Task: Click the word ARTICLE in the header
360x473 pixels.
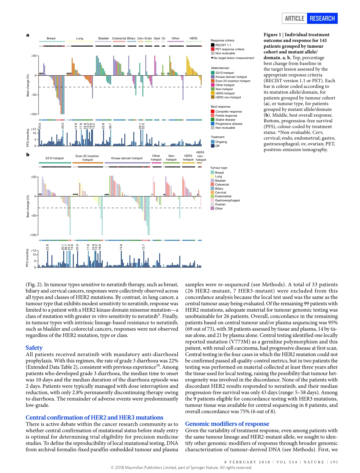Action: click(294, 18)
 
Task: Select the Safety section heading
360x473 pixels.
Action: click(34, 348)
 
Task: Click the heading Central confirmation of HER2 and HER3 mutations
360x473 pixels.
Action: click(94, 417)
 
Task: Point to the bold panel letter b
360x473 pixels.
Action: click(28, 155)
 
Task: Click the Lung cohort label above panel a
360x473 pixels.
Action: click(80, 38)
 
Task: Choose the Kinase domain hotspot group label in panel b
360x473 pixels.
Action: click(127, 158)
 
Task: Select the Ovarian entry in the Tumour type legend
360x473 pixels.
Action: click(221, 204)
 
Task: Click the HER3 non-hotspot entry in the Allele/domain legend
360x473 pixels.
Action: click(227, 97)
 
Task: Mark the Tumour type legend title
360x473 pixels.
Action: click(219, 168)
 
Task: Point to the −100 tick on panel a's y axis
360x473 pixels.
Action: click(34, 114)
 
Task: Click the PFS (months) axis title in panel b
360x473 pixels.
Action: click(28, 258)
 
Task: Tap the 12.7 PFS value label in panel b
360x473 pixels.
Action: click(143, 247)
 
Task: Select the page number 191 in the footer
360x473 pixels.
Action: click(334, 462)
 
